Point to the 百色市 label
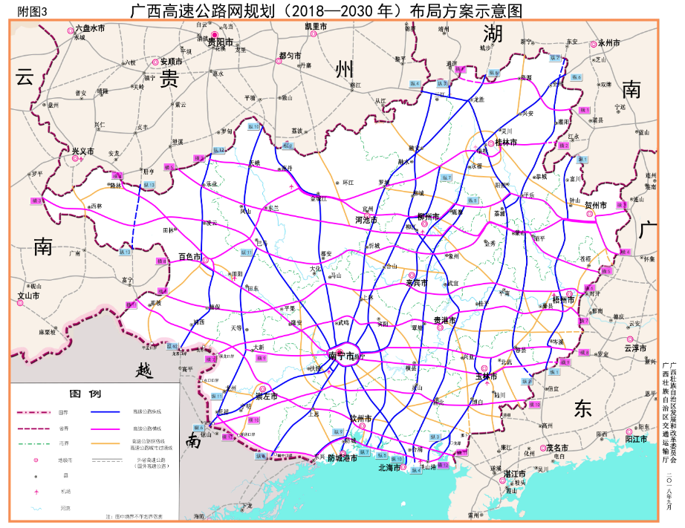pos(190,256)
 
